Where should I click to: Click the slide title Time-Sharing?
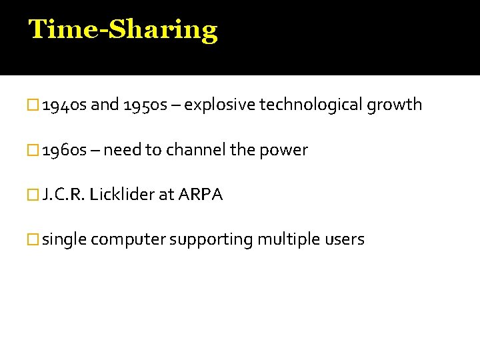pyautogui.click(x=123, y=30)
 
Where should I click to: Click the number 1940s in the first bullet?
pyautogui.click(x=64, y=105)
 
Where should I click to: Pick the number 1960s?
pyautogui.click(x=64, y=150)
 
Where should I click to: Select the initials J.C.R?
pyautogui.click(x=63, y=195)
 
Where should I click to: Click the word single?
pyautogui.click(x=64, y=239)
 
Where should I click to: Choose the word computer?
pyautogui.click(x=128, y=240)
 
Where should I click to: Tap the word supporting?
pyautogui.click(x=211, y=240)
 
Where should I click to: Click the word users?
pyautogui.click(x=344, y=239)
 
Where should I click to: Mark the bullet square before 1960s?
pyautogui.click(x=35, y=151)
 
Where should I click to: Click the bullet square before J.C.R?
pyautogui.click(x=35, y=195)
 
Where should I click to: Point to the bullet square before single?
pyautogui.click(x=35, y=240)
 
